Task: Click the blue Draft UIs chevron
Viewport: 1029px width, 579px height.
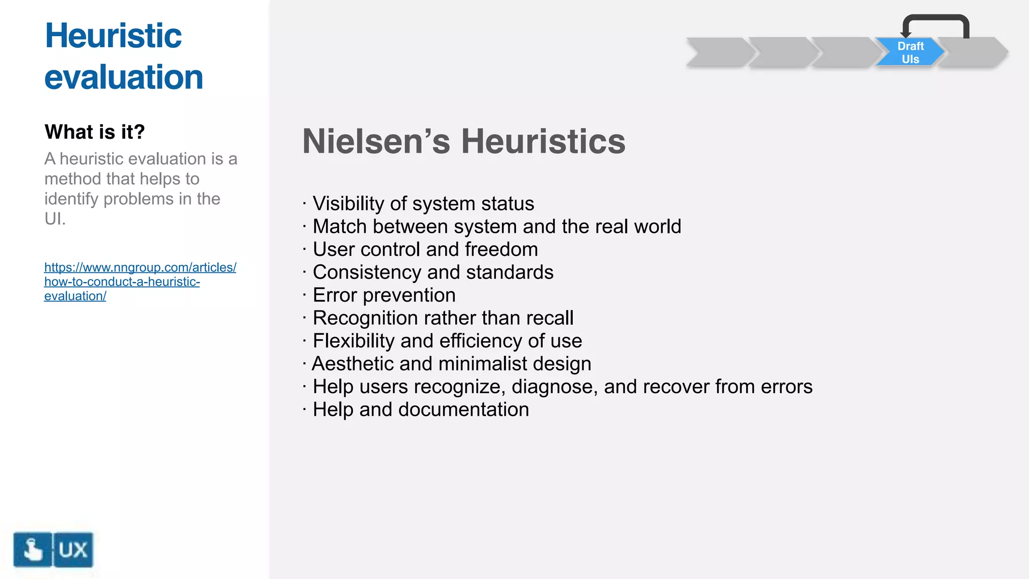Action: coord(910,52)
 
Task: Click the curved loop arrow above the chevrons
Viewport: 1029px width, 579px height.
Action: coord(936,19)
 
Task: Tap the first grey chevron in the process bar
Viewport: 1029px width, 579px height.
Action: coord(718,52)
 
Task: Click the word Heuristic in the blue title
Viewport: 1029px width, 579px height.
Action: coord(113,36)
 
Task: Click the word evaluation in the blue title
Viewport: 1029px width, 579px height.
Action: coord(124,77)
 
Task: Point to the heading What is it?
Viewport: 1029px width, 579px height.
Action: coord(94,132)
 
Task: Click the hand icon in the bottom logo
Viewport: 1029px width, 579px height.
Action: coord(33,549)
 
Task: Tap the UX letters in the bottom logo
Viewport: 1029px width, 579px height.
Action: coord(73,550)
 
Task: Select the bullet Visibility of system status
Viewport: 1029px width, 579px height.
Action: coord(423,204)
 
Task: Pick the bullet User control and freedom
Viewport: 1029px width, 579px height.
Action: coord(425,250)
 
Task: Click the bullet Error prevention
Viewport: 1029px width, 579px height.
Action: coord(384,296)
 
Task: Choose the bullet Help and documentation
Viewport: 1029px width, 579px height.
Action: coord(421,410)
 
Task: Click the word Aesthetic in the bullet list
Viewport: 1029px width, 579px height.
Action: coord(353,364)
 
